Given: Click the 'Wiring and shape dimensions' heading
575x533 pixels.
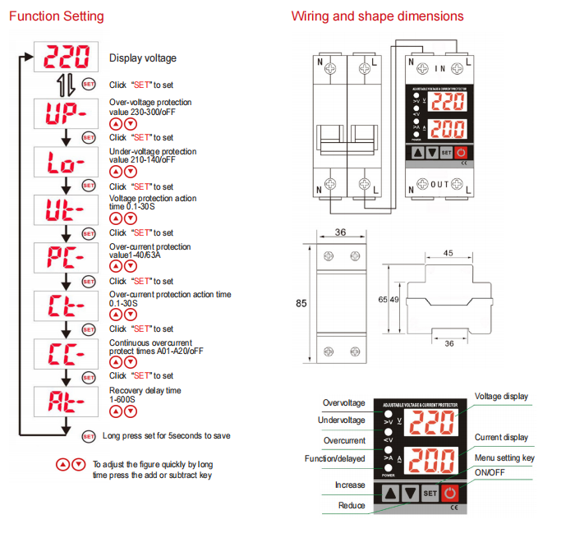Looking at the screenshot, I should point(377,16).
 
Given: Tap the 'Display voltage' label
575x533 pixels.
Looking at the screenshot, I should point(143,58).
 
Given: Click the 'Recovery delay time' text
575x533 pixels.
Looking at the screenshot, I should point(145,391).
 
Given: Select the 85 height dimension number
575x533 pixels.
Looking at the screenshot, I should point(301,303).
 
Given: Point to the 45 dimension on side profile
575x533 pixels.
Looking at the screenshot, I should point(448,253).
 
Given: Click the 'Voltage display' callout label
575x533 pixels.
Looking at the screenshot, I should point(501,397).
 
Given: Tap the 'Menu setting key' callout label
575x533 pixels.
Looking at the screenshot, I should point(504,457).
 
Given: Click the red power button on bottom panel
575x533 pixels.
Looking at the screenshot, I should point(450,494).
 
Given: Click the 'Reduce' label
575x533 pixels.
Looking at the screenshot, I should point(352,505).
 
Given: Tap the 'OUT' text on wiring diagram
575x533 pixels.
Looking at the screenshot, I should point(440,184).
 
